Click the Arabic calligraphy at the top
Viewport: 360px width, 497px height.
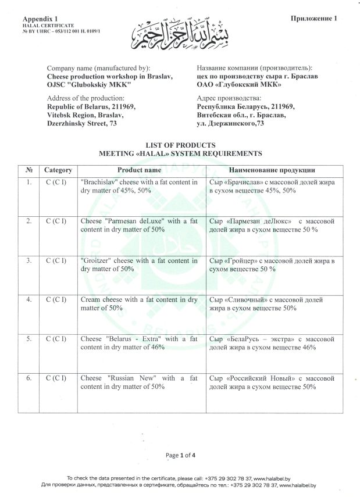click(x=182, y=34)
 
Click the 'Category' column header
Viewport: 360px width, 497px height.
click(x=58, y=170)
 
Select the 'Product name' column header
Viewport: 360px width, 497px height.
click(x=140, y=170)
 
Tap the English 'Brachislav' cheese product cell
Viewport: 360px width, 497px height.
click(x=140, y=187)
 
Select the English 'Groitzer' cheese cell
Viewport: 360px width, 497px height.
click(x=140, y=265)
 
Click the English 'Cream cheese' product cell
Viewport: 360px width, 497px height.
click(x=140, y=303)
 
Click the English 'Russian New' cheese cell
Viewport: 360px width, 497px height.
click(x=140, y=382)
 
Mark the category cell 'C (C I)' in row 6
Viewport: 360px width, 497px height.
click(x=58, y=378)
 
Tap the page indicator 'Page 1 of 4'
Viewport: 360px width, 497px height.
click(x=180, y=455)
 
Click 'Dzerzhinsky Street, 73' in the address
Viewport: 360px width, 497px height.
click(x=82, y=123)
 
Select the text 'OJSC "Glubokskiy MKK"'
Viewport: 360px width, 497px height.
click(x=88, y=85)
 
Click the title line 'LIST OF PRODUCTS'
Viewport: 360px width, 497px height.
click(x=180, y=145)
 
